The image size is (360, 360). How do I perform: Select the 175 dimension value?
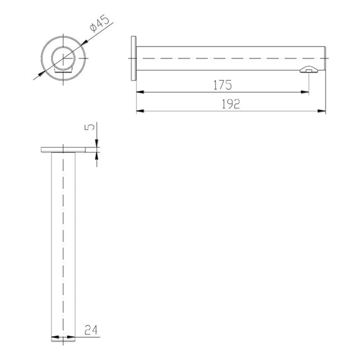coord(222,85)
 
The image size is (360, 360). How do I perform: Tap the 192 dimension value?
coord(229,104)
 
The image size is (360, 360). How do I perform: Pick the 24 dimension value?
coord(90,330)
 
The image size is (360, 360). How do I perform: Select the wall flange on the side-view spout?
coord(133,58)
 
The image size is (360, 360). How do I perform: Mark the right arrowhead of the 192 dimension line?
coord(322,111)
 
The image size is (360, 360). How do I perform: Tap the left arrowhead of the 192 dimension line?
coord(140,111)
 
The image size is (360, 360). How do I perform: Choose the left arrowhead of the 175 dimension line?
coord(140,92)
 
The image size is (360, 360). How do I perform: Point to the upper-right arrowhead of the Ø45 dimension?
coord(83,43)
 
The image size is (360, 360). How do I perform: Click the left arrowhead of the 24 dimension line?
coord(54,337)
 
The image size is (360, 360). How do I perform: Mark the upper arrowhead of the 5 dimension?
coord(97,144)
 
